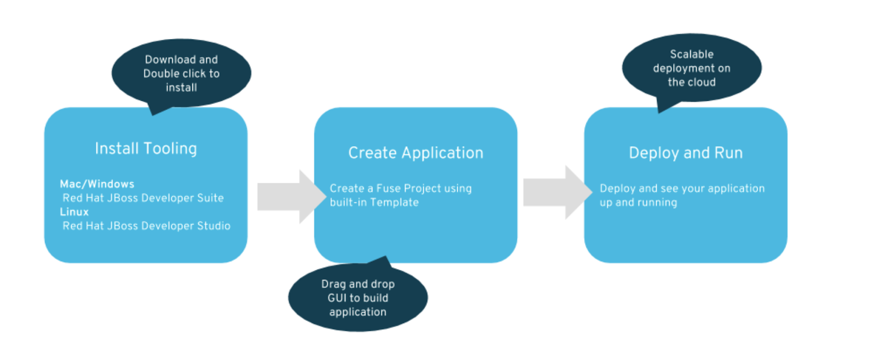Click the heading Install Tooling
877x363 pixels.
[x=146, y=148]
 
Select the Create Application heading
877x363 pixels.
[x=416, y=153]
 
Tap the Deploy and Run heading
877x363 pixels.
[x=686, y=153]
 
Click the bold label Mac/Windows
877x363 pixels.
[x=97, y=184]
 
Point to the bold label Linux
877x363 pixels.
[x=75, y=212]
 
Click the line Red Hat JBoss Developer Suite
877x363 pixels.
[x=143, y=198]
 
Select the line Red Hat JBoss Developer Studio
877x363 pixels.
[x=146, y=226]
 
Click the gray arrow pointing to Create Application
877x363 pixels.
[x=292, y=197]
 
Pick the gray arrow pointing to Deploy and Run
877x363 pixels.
[x=558, y=192]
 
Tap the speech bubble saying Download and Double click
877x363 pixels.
[x=181, y=73]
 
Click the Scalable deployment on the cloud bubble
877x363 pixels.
[x=692, y=68]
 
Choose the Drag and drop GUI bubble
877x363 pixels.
[x=358, y=297]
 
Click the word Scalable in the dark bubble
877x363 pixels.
[x=692, y=54]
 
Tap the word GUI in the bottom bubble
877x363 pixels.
[x=337, y=298]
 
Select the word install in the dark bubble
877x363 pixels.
[x=181, y=88]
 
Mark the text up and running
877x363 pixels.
[x=638, y=203]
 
